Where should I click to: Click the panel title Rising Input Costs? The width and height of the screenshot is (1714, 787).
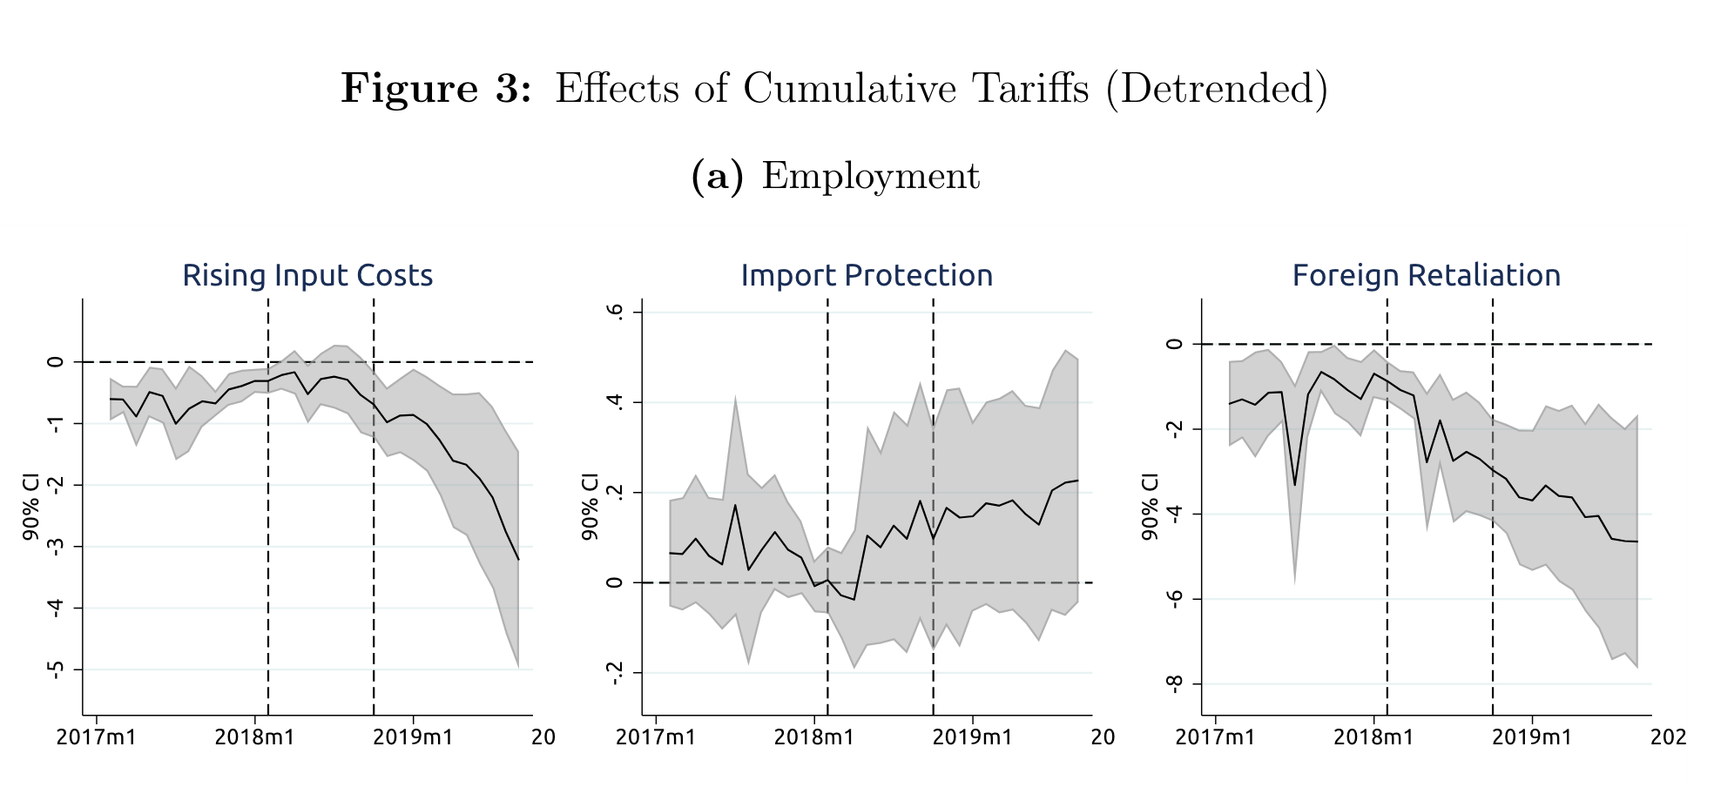coord(307,275)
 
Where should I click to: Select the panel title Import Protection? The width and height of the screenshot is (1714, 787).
coord(867,275)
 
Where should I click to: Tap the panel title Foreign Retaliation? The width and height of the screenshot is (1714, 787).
coord(1426,275)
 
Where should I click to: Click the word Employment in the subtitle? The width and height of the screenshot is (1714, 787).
coord(870,176)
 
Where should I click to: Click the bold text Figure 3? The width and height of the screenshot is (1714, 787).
coord(435,88)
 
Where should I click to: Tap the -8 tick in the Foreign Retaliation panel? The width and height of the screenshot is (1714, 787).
coord(1174,684)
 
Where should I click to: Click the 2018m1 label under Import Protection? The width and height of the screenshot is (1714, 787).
coord(813,737)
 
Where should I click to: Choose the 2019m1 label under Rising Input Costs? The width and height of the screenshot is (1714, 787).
coord(413,737)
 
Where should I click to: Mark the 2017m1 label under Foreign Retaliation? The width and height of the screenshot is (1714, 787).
coord(1215,737)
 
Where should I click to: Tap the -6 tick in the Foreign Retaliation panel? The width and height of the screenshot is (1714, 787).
coord(1174,599)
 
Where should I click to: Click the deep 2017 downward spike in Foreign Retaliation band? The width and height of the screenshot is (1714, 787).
coord(1295,581)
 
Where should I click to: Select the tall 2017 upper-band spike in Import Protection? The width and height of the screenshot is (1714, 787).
coord(735,399)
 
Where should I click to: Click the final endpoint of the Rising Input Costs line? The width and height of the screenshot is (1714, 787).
coord(518,559)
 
